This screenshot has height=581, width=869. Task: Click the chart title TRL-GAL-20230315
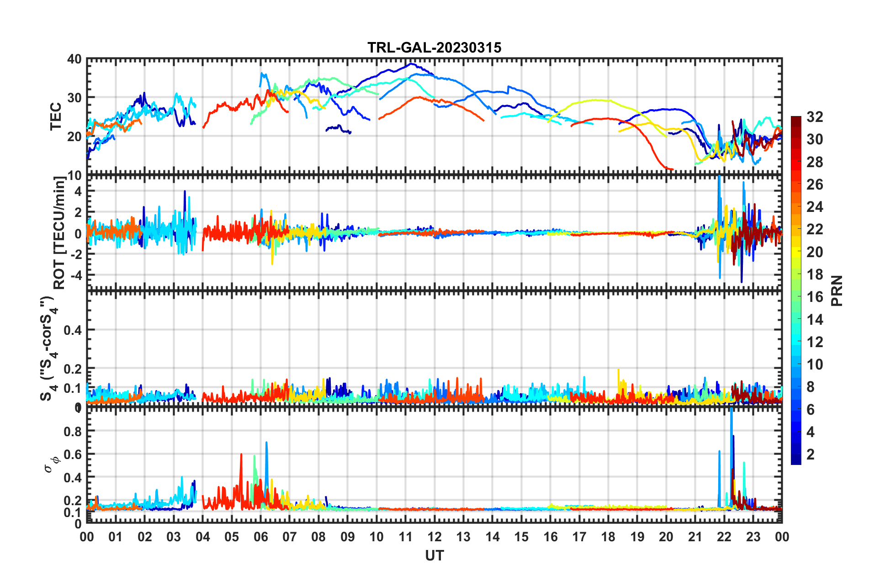[434, 48]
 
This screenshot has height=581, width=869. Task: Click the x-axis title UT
[434, 555]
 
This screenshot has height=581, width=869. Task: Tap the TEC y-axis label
[56, 116]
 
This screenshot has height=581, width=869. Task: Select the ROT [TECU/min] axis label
[59, 233]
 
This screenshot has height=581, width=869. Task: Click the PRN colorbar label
[837, 290]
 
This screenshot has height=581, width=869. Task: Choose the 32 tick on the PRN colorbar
[815, 117]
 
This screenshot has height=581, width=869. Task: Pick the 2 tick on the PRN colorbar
[811, 454]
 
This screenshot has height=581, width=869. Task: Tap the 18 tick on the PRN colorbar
[815, 275]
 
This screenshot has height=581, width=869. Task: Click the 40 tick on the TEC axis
[74, 59]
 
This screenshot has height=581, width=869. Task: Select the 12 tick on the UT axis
[434, 537]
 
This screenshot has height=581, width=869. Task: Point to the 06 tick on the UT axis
[260, 537]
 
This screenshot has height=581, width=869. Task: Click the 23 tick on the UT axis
[753, 537]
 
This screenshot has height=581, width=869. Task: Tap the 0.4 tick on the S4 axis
[73, 330]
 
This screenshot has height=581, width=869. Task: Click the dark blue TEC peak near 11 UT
[411, 64]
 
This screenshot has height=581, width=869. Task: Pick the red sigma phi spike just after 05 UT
[241, 454]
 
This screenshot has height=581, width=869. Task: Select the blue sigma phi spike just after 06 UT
[266, 443]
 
